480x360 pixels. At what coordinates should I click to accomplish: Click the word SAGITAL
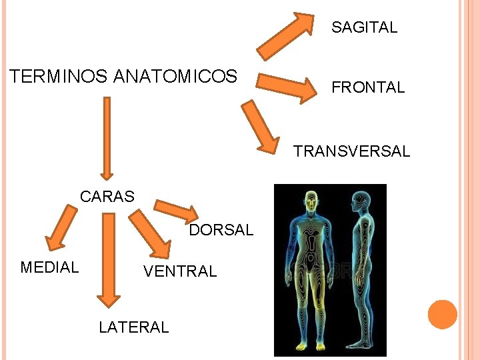tap(364, 27)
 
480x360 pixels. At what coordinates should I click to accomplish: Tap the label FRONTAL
tap(368, 87)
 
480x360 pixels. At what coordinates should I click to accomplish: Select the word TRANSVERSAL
tap(352, 151)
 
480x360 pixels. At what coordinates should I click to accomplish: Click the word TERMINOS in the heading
tap(59, 77)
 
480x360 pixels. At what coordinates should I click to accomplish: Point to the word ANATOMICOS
tap(175, 77)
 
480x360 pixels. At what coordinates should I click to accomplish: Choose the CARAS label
tap(107, 197)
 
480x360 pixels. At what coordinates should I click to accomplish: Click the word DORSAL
tap(221, 231)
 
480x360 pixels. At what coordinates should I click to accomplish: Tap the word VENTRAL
tap(180, 271)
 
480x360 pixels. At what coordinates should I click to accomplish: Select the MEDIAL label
tap(49, 267)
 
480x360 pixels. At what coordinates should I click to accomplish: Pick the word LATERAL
tap(133, 327)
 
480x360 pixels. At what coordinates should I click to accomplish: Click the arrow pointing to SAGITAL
tap(286, 35)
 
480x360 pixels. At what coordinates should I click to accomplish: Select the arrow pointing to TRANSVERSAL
tap(260, 127)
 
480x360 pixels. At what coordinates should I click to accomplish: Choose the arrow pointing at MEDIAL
tap(61, 227)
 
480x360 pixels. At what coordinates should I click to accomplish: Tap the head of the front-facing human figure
tap(309, 199)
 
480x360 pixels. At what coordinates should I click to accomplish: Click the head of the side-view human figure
tap(360, 199)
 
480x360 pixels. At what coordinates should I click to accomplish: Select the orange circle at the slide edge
tap(442, 314)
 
